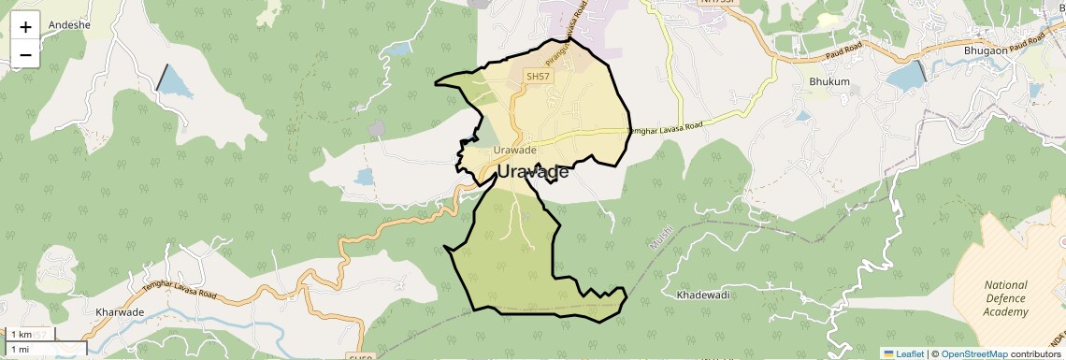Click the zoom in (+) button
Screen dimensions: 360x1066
point(25,26)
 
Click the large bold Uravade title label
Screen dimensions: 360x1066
point(532,172)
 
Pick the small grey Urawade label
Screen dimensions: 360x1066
point(514,151)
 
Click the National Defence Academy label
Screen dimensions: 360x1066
point(1006,298)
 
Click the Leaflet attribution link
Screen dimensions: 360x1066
point(903,353)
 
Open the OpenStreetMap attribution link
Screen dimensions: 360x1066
point(973,353)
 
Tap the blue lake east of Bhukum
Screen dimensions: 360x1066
point(904,76)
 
